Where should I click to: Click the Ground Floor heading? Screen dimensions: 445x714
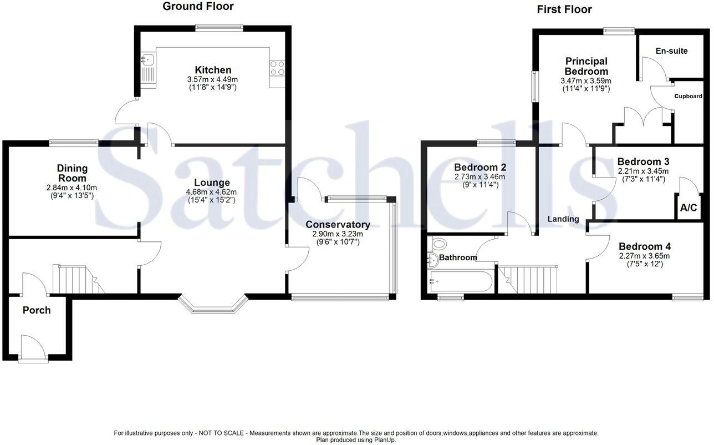tap(198, 7)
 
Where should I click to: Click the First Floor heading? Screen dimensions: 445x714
tap(564, 9)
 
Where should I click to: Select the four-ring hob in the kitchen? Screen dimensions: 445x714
tap(277, 68)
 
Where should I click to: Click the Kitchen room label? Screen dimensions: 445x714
tap(213, 70)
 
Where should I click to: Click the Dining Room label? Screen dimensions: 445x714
tap(72, 173)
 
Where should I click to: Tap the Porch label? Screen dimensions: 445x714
tap(37, 310)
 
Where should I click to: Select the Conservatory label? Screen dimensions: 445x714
tap(338, 225)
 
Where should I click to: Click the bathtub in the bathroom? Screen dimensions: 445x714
tap(462, 281)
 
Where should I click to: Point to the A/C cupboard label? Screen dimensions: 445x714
tap(688, 209)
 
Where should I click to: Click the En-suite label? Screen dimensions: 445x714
tap(671, 51)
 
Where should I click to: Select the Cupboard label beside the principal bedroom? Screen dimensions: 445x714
tap(688, 96)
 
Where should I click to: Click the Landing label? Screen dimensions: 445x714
tap(563, 219)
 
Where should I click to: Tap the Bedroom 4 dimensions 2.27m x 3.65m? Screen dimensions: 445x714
tap(644, 256)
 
